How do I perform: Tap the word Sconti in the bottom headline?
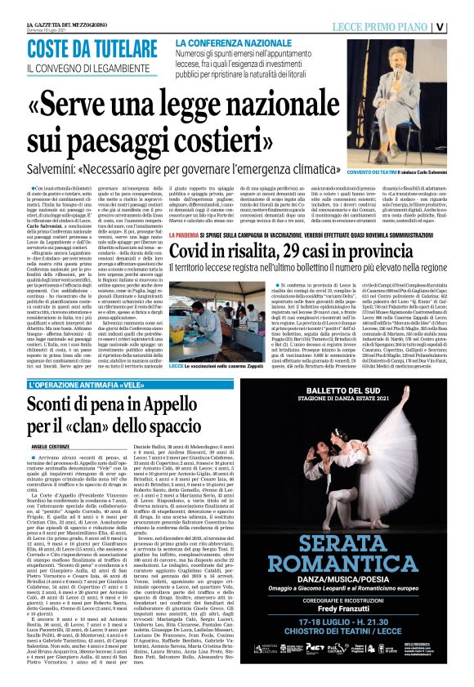coord(60,403)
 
